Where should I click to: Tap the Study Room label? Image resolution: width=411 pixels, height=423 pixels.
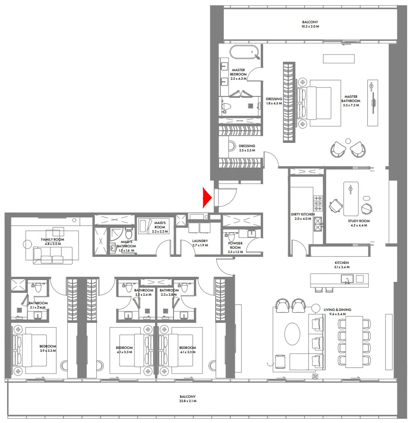[360, 221]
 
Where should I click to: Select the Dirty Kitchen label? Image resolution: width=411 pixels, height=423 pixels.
[302, 215]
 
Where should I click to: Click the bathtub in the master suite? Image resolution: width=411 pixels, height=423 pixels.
[244, 52]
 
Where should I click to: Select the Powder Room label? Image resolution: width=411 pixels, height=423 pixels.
[235, 245]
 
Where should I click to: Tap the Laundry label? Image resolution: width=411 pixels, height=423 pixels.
[200, 241]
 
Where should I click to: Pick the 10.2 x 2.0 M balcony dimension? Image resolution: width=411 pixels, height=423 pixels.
[310, 27]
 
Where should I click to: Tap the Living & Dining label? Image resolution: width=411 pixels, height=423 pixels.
[337, 310]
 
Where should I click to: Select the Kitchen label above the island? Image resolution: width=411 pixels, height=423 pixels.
[341, 263]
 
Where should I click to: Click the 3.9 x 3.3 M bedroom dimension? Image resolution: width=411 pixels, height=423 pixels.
[47, 351]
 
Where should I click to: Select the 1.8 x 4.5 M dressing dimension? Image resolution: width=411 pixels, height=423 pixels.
[274, 103]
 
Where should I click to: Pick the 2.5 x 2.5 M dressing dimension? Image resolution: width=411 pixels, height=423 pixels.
[247, 150]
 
